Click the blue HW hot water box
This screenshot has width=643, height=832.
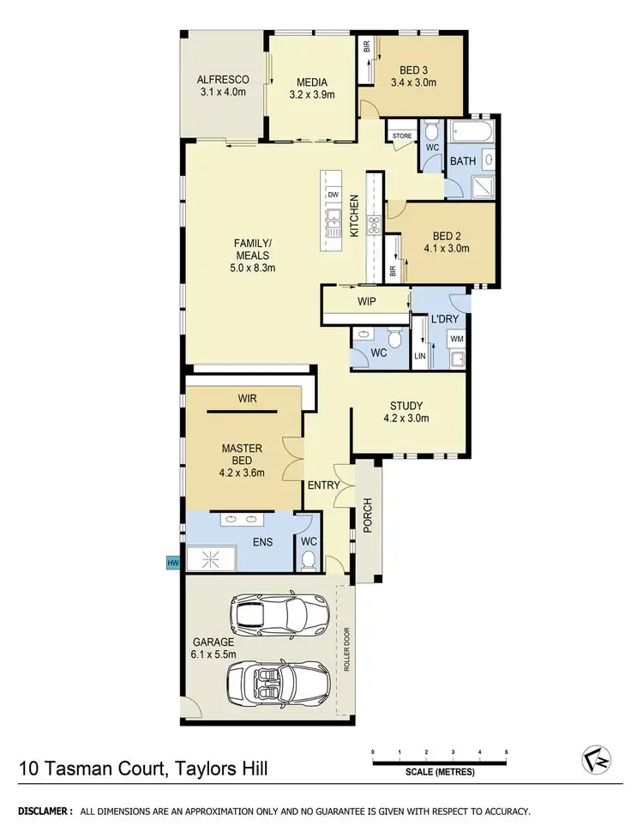(x=173, y=562)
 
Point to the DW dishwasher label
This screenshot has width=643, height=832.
(x=333, y=195)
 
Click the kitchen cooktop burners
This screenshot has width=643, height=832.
(x=374, y=226)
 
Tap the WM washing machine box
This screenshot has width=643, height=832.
(x=457, y=340)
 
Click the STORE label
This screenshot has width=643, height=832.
(x=402, y=136)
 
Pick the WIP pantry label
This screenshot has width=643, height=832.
(x=367, y=302)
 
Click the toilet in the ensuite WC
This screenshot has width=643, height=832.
(x=309, y=559)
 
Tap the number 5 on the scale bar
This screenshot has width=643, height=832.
(x=507, y=751)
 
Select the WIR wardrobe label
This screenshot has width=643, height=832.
(x=249, y=398)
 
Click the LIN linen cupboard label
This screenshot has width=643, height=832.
(x=420, y=354)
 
